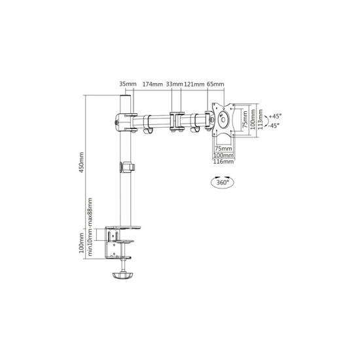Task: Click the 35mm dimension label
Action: point(128,84)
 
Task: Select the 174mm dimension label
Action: point(153,84)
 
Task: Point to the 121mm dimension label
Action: point(194,84)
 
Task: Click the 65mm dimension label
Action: point(215,84)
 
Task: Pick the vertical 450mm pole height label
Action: point(82,162)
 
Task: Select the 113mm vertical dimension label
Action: point(260,119)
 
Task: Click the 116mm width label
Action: point(223,162)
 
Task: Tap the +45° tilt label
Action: point(276,116)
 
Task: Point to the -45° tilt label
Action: point(274,126)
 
